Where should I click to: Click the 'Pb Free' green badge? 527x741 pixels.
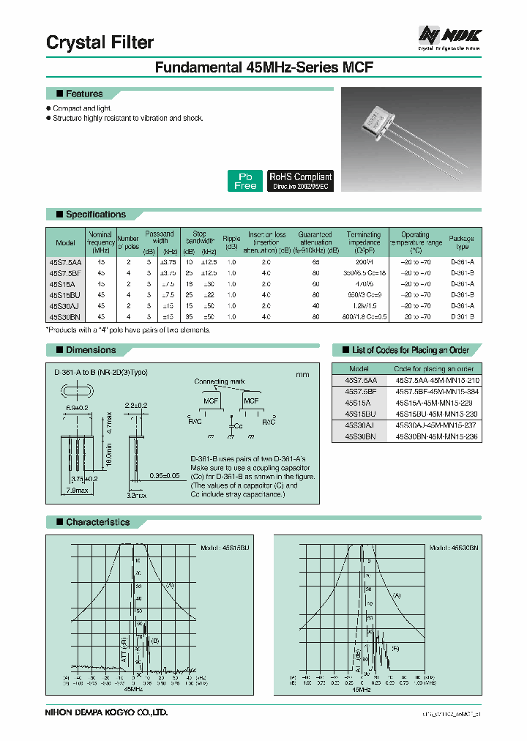coord(245,181)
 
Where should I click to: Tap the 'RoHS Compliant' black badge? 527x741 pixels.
coord(300,181)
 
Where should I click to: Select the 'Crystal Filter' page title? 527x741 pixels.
coord(100,42)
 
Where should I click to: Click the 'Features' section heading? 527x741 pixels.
coord(84,94)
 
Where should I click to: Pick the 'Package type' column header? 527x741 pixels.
coord(461,242)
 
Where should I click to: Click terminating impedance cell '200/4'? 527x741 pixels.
coord(363,261)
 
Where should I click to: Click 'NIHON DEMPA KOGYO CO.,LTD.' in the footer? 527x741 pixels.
coord(107,712)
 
